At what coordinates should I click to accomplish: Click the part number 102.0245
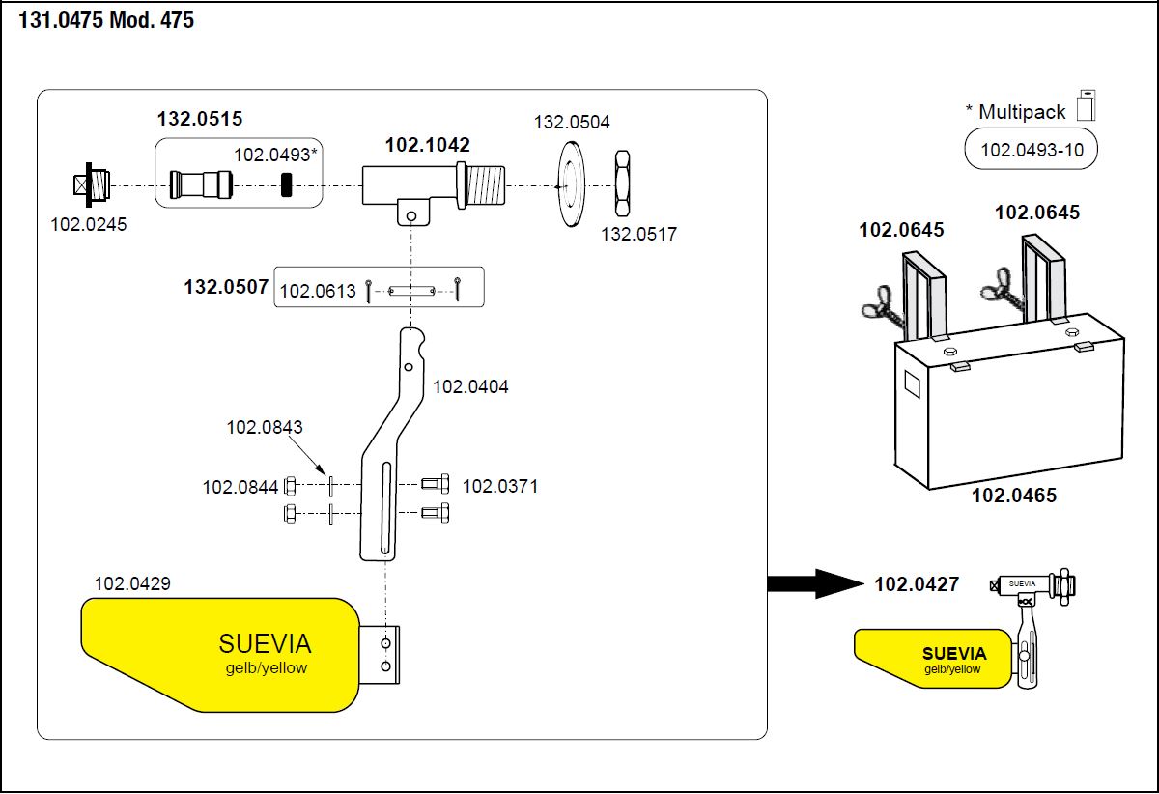(x=88, y=224)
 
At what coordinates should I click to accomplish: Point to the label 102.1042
(x=427, y=146)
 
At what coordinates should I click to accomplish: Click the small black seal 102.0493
(x=286, y=183)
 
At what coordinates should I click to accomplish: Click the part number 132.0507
(x=226, y=288)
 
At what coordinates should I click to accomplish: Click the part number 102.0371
(x=499, y=486)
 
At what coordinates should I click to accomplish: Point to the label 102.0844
(x=240, y=488)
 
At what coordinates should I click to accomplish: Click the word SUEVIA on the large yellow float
(x=265, y=644)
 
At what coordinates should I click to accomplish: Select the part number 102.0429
(x=132, y=583)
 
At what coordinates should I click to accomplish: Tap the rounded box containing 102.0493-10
(x=1031, y=150)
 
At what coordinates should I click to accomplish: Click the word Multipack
(x=1022, y=111)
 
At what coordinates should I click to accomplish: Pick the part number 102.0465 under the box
(x=1013, y=496)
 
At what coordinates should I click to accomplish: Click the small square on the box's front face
(x=913, y=385)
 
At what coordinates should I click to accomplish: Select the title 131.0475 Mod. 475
(x=106, y=21)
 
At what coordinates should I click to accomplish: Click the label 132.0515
(x=200, y=120)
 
